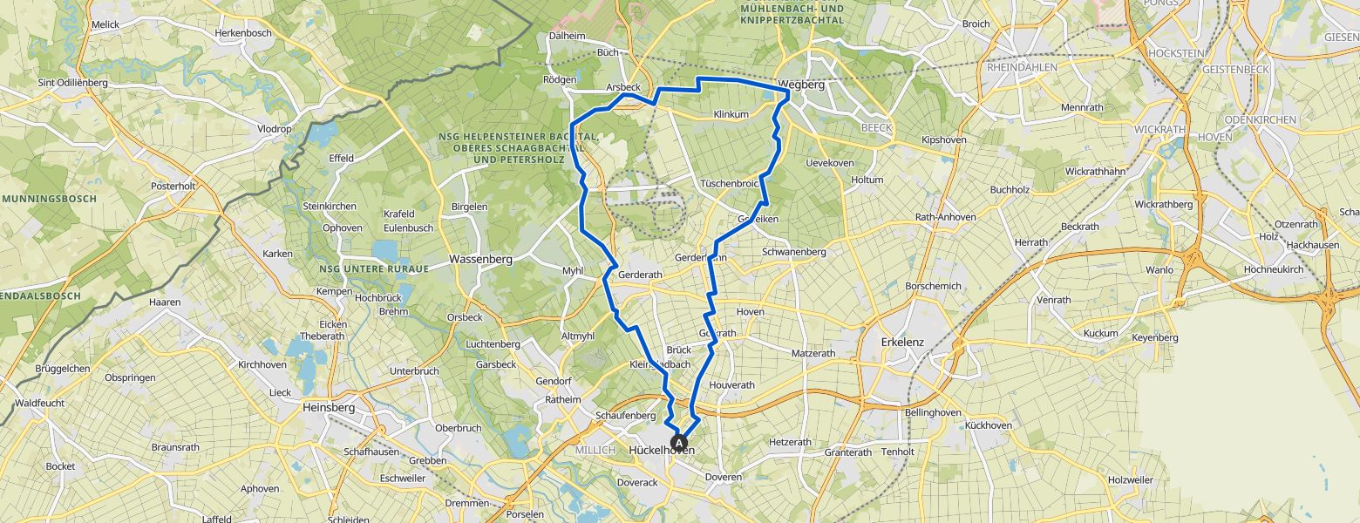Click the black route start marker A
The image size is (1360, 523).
pyautogui.click(x=680, y=443)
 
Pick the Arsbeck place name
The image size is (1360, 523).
pyautogui.click(x=623, y=88)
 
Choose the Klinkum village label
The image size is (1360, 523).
pyautogui.click(x=731, y=114)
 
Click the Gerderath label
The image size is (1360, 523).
pyautogui.click(x=640, y=275)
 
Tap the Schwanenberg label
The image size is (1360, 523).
pyautogui.click(x=793, y=252)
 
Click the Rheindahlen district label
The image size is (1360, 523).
pyautogui.click(x=1022, y=67)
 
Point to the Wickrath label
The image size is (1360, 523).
pyautogui.click(x=1159, y=129)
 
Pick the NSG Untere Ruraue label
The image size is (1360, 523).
pyautogui.click(x=373, y=268)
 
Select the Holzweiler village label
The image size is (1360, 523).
pyautogui.click(x=1130, y=480)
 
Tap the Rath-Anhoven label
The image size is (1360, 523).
pyautogui.click(x=946, y=217)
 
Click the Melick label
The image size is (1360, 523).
pyautogui.click(x=105, y=26)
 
